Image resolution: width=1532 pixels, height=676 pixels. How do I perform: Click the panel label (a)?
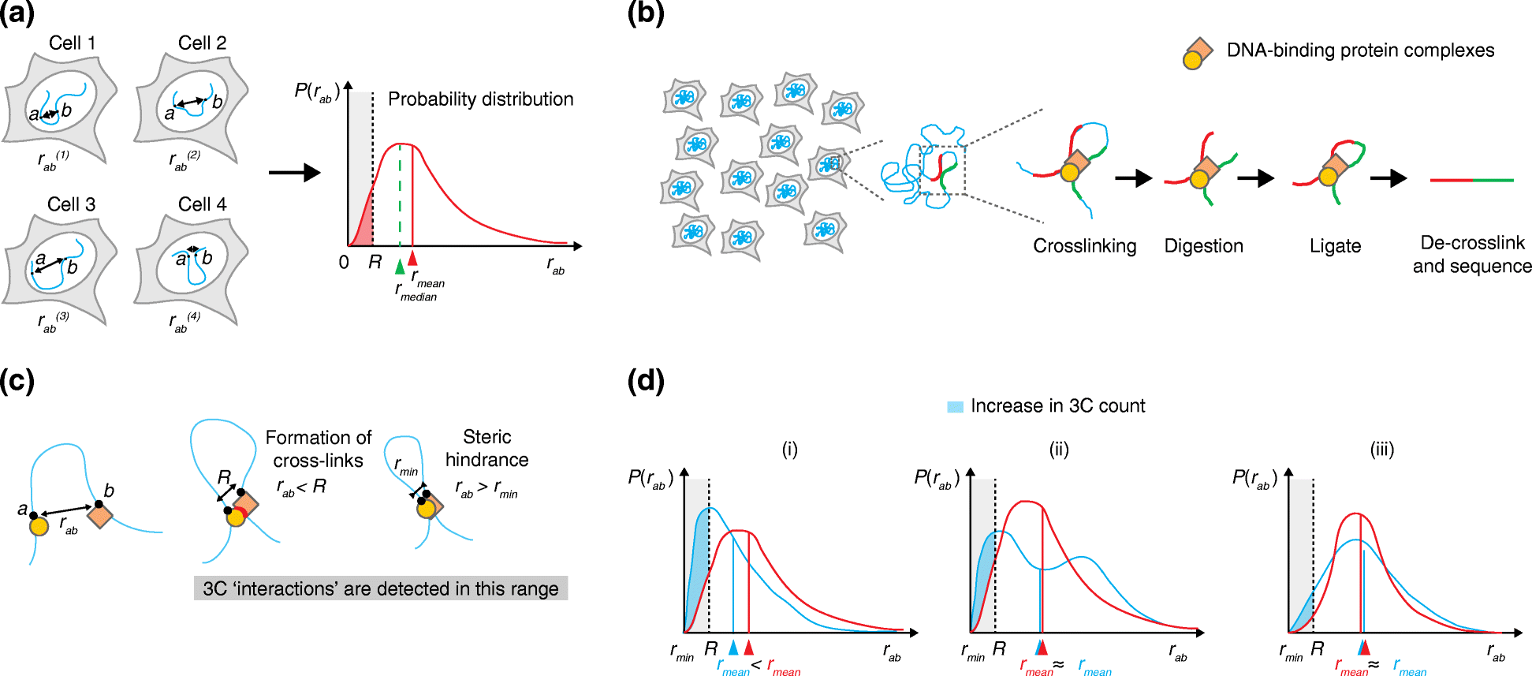pos(17,15)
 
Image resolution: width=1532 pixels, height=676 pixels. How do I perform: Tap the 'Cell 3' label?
pos(71,204)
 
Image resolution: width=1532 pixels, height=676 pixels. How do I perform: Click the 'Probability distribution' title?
pos(480,99)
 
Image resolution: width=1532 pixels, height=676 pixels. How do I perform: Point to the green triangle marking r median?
pos(400,267)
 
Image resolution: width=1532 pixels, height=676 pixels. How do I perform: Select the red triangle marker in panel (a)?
pos(412,257)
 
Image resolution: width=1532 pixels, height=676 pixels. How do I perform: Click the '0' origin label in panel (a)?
pos(344,262)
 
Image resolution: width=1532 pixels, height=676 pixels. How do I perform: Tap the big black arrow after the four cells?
pos(294,173)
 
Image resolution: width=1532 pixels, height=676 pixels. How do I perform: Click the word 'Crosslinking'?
pos(1084,246)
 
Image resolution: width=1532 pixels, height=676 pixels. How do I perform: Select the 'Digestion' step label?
pos(1203,246)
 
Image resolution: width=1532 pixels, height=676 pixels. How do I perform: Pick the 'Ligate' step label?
pos(1335,246)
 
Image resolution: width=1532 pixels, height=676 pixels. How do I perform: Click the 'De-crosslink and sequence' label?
pos(1471,254)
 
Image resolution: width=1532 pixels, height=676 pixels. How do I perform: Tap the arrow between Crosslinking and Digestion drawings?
pos(1133,179)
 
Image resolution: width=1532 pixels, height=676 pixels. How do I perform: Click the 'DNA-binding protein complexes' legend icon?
pos(1197,54)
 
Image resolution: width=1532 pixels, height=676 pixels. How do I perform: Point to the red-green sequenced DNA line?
pos(1471,181)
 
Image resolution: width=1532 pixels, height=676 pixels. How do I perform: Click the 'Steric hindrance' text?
pos(486,448)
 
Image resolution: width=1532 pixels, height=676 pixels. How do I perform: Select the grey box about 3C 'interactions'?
pos(381,588)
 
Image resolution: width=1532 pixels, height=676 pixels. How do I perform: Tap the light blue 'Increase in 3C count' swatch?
pos(955,407)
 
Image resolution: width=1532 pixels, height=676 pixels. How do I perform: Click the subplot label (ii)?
pos(1058,450)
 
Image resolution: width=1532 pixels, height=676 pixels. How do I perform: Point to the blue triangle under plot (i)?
pos(733,648)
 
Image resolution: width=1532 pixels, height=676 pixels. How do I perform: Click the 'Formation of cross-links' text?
pos(318,449)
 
